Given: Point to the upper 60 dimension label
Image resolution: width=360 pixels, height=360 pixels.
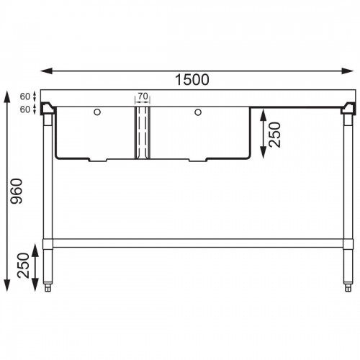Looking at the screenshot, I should coord(24,96).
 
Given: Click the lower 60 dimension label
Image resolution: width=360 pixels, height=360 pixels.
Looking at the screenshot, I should coord(24,109).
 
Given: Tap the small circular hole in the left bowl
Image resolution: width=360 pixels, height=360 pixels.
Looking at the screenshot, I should coord(97,112).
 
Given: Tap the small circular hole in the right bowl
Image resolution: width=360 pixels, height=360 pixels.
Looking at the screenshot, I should coord(196,112).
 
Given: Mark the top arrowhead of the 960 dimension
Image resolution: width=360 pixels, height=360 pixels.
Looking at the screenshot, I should coord(8,94).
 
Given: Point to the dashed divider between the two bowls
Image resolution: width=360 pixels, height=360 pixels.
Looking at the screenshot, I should coord(141,133).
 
